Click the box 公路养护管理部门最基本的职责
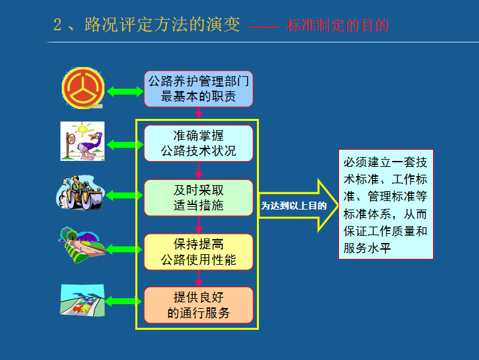[198, 89]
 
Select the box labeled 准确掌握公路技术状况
[198, 143]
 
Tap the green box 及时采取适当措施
[198, 198]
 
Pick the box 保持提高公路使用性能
[198, 252]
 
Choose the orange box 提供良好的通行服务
[198, 305]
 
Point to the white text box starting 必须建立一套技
[386, 205]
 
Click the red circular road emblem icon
[83, 89]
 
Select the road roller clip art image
[81, 192]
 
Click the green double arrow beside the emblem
[125, 91]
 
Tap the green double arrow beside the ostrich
[125, 143]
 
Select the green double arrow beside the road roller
[125, 195]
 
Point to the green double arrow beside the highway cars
[125, 302]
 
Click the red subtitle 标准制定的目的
[338, 26]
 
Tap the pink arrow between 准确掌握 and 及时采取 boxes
[198, 170]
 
